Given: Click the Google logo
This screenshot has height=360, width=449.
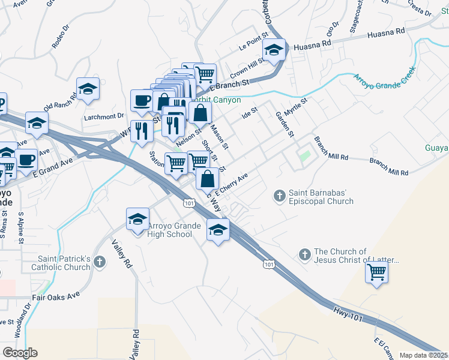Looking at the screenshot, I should tap(20, 353).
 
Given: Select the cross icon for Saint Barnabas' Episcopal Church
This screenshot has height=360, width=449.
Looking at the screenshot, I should tap(279, 196).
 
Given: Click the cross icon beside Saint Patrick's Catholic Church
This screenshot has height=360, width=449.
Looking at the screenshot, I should tap(100, 262).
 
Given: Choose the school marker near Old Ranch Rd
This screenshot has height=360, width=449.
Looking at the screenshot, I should tap(88, 89).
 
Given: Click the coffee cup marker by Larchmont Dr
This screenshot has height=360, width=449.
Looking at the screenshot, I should tap(142, 100).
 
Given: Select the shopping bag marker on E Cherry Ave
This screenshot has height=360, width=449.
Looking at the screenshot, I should tap(207, 178).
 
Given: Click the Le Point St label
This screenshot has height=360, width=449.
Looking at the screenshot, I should tap(252, 46).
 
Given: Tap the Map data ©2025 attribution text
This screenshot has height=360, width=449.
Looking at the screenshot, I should tap(423, 355).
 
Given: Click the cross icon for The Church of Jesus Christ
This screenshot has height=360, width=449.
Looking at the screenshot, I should tap(304, 255).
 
